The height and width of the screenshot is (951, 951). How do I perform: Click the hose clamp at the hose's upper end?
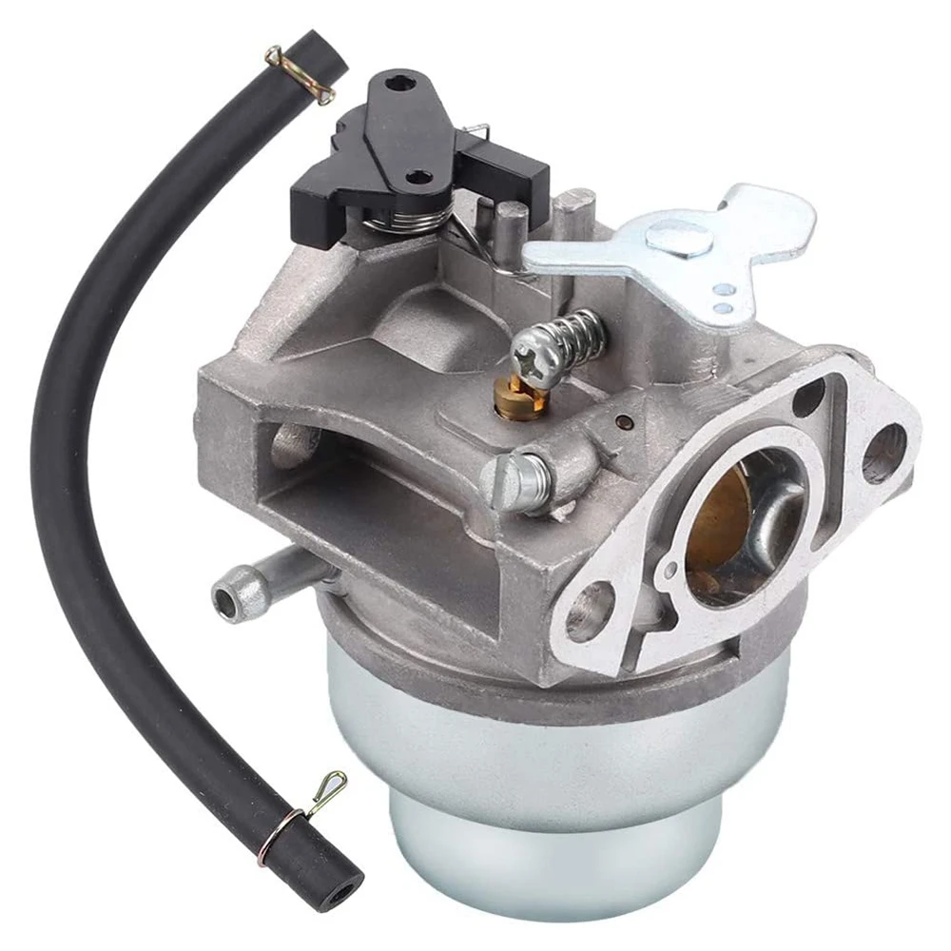300,72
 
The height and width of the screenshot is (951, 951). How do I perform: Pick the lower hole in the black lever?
416,177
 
